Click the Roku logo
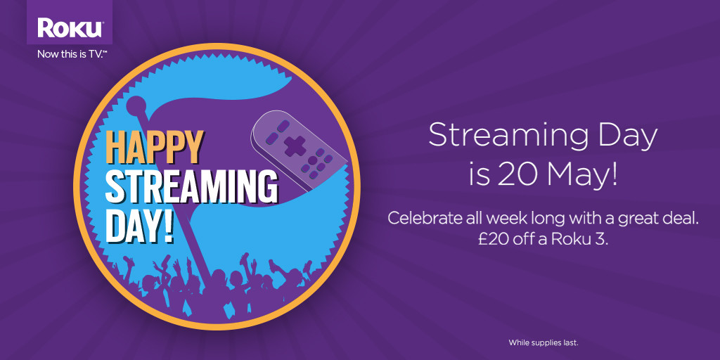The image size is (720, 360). (70, 29)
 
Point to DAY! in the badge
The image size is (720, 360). (140, 224)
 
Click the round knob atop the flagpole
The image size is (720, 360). (136, 108)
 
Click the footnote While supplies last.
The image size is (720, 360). (543, 342)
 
